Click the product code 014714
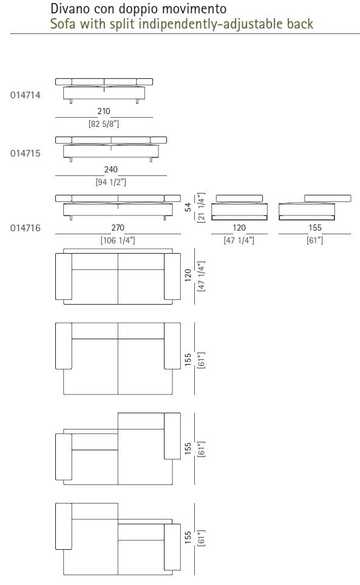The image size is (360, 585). coord(25,95)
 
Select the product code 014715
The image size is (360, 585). coord(25,154)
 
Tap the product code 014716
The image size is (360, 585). coord(25,228)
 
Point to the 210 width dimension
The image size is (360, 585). coord(104,111)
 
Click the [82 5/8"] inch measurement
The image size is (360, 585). coord(104,124)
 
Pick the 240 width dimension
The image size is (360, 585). coord(111,169)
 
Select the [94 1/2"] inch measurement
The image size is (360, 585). coord(111,182)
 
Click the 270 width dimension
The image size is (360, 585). coord(118,228)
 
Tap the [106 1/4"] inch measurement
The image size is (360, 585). coord(118,240)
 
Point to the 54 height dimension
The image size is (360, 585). coord(188,207)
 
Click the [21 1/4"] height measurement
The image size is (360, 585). coord(201,208)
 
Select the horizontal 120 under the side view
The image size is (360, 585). coord(239,228)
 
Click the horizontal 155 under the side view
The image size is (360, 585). coord(315,228)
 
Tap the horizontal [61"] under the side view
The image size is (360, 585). coord(315,240)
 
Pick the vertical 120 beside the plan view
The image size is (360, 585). coord(188,276)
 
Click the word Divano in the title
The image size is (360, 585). coord(69,8)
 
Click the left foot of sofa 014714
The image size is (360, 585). coord(71,101)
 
